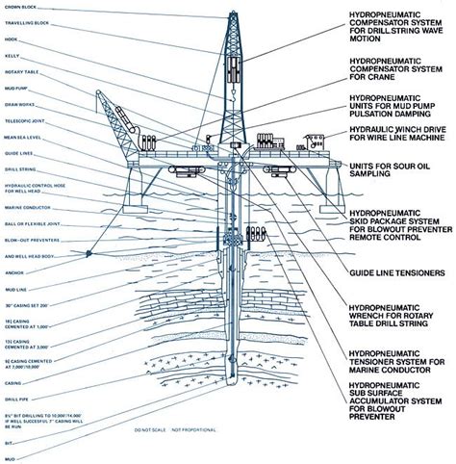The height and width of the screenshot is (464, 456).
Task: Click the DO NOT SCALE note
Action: (153, 428)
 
